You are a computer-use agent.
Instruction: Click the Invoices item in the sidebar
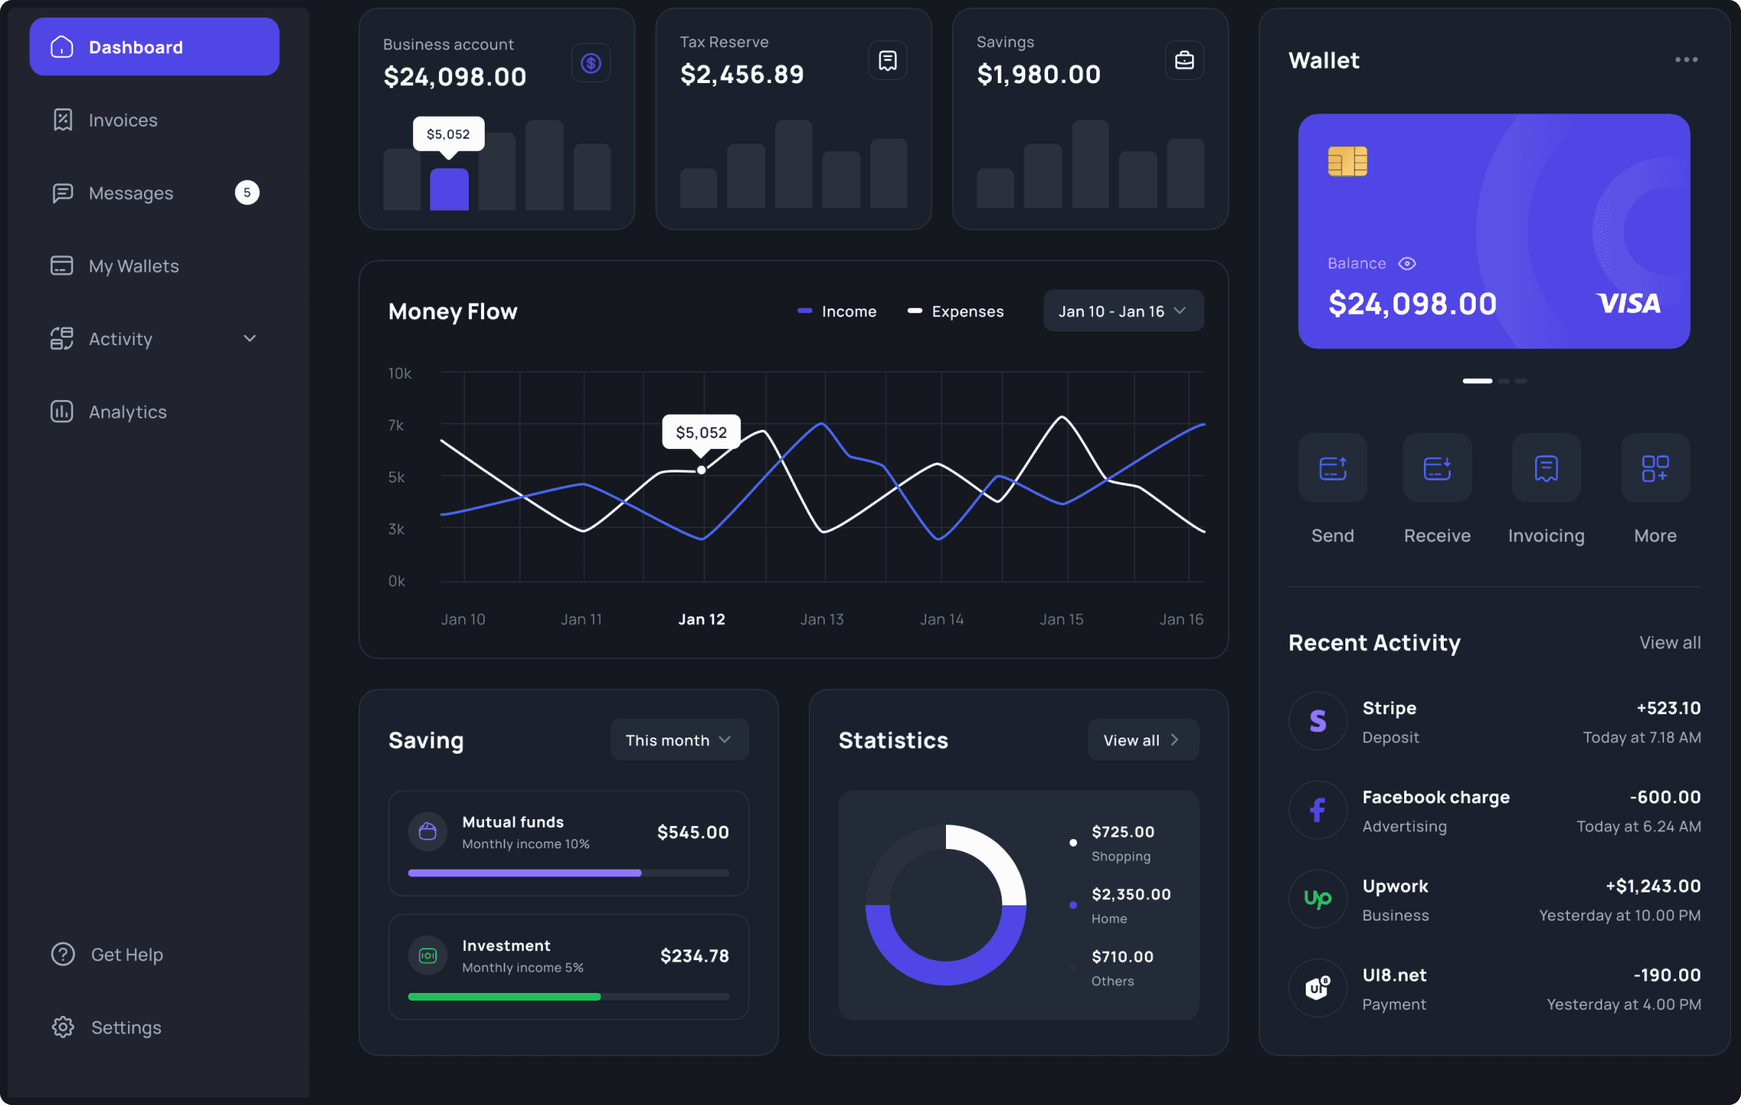(105, 120)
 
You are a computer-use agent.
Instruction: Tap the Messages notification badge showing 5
(247, 193)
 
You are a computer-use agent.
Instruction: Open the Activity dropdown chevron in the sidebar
(249, 338)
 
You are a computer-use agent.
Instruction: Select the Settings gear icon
(63, 1027)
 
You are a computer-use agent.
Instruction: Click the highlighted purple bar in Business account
(449, 189)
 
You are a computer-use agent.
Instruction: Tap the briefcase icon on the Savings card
(1185, 60)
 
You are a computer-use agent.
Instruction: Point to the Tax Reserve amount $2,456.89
(742, 75)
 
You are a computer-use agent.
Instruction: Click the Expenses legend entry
(955, 312)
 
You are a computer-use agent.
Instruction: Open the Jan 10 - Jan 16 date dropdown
(1124, 311)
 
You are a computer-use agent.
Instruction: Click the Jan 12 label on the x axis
(701, 620)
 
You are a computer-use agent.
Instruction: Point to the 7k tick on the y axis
(396, 425)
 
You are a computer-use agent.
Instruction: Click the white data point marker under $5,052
(701, 470)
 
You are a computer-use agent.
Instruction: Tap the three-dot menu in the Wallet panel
(1686, 59)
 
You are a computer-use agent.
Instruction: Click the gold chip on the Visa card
(1347, 162)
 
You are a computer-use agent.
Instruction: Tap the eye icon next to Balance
(1407, 264)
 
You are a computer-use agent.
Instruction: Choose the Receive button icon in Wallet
(1437, 468)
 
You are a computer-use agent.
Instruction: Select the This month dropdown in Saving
(679, 740)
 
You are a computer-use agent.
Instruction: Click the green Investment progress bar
(504, 997)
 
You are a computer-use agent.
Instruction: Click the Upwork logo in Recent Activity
(1317, 899)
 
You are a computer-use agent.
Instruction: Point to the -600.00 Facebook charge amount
(1665, 797)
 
